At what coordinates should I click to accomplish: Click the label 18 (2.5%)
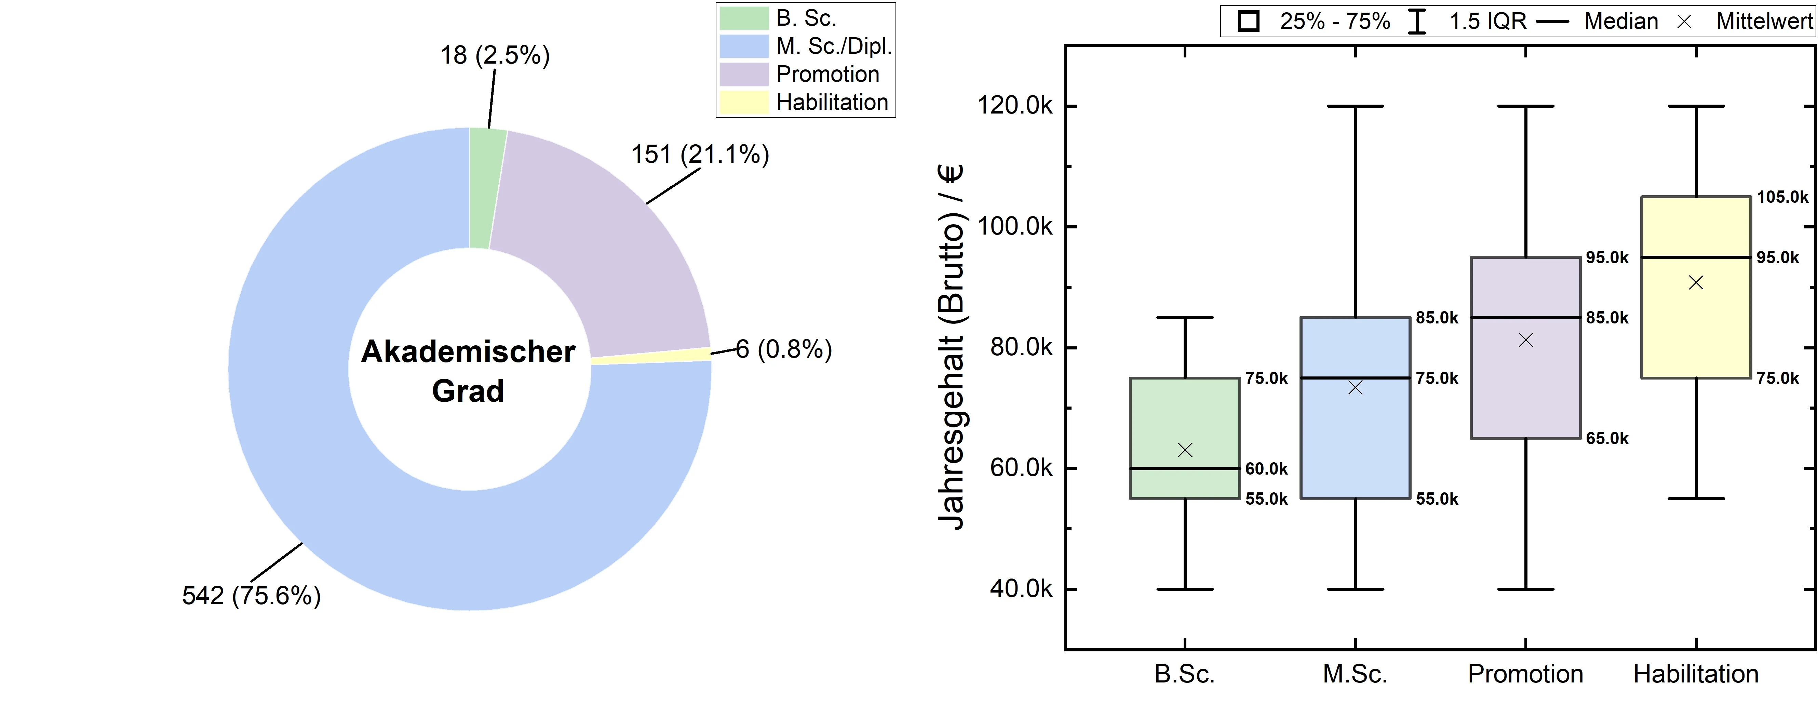click(495, 55)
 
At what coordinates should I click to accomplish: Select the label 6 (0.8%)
click(783, 349)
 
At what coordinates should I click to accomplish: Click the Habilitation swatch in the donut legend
click(743, 102)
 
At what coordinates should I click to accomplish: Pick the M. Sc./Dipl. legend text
click(834, 46)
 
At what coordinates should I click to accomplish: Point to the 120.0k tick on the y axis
click(1014, 106)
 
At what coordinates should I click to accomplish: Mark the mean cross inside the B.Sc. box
click(1185, 450)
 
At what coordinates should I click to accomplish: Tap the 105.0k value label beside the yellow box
click(1783, 197)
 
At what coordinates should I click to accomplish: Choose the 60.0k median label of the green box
click(1266, 468)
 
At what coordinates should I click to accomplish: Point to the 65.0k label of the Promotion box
click(1607, 438)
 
